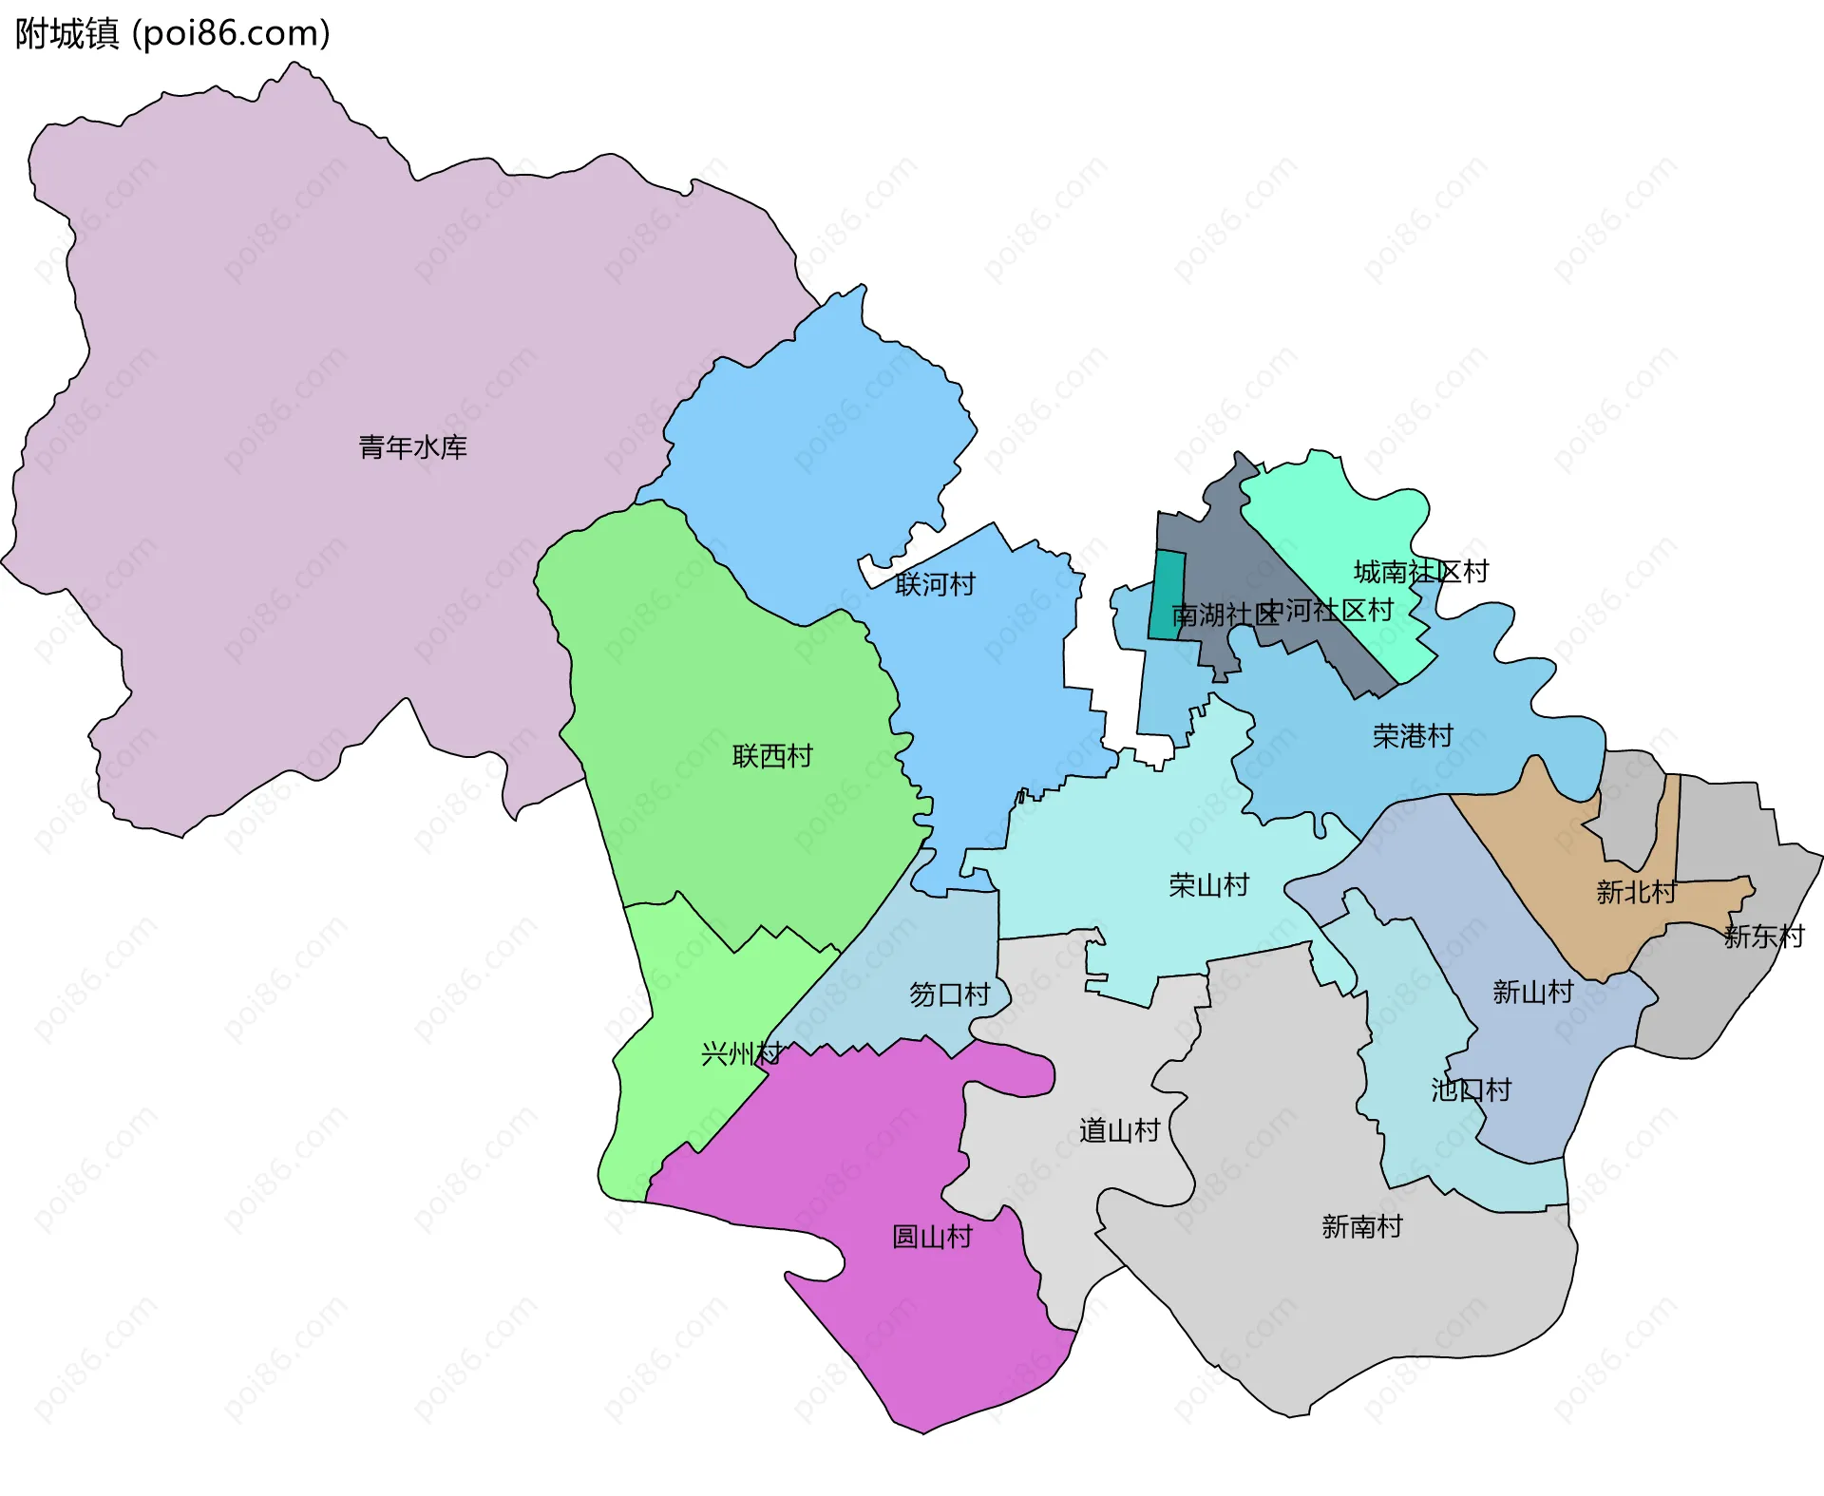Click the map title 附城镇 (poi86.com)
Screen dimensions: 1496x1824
(173, 33)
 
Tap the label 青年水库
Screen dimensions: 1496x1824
(412, 446)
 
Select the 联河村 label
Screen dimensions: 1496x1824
(935, 584)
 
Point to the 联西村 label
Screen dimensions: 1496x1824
(772, 756)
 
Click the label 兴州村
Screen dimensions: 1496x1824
(741, 1053)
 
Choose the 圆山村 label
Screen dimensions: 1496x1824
(932, 1237)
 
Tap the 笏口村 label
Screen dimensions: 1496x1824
(949, 994)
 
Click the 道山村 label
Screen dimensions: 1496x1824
(1119, 1130)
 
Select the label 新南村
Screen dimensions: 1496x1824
(1361, 1226)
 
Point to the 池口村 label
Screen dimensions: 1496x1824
(1471, 1089)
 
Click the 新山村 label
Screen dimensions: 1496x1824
(1532, 992)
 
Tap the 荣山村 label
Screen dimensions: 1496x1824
(1208, 885)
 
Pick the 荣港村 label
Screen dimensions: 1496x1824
(1413, 735)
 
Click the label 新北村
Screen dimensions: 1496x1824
(1636, 892)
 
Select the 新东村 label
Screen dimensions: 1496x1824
(1763, 937)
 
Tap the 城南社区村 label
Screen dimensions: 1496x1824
(1421, 572)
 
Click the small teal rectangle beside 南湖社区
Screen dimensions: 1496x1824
(1167, 596)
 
